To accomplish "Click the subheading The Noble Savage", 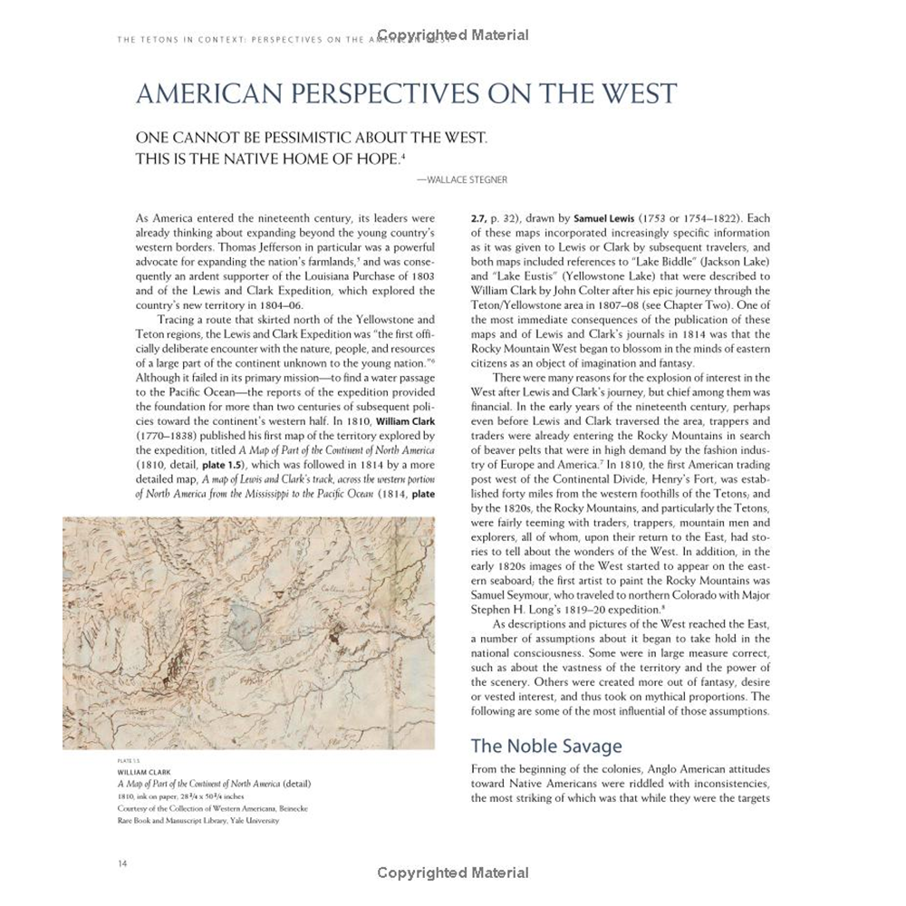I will pos(546,747).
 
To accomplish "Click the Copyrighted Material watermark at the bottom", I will pos(453,873).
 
